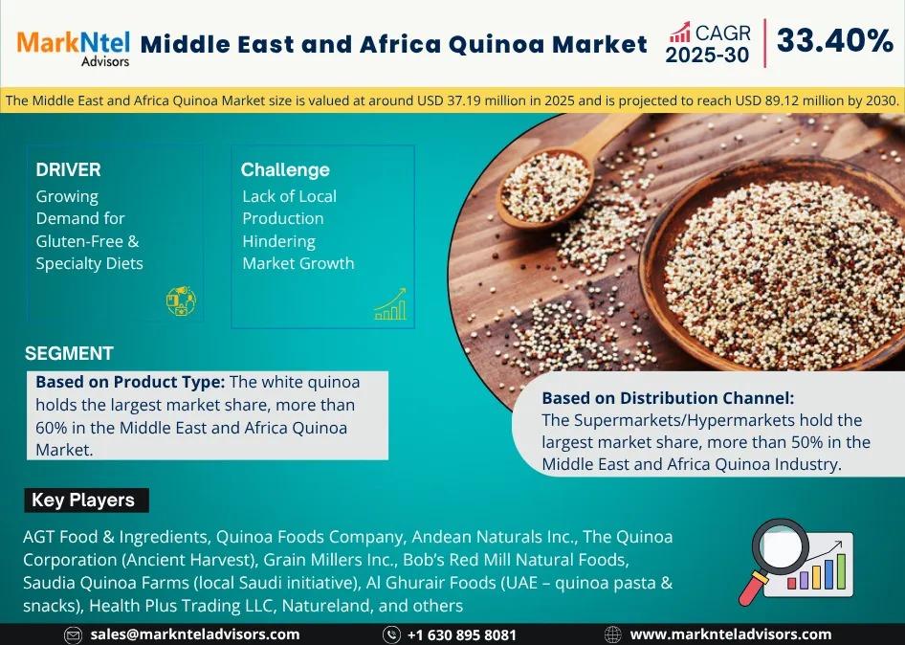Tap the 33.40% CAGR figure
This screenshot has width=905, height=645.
pos(834,40)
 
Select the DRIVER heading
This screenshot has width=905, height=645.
pos(68,169)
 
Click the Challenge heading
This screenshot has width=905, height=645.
pos(285,169)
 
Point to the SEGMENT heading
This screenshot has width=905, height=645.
pos(69,353)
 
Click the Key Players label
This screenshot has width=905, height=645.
pos(83,500)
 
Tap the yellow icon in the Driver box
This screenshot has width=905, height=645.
pos(181,300)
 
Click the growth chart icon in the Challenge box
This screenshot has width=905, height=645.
pos(390,304)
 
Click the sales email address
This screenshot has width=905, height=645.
pos(195,634)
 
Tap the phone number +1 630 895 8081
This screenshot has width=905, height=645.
pos(461,635)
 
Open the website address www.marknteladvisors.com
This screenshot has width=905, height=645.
pos(731,634)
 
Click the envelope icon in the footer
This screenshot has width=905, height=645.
pos(73,635)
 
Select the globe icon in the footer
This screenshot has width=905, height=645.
pos(612,635)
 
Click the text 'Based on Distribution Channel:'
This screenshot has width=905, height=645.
pos(668,398)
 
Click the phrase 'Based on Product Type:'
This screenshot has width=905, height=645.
pos(130,382)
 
